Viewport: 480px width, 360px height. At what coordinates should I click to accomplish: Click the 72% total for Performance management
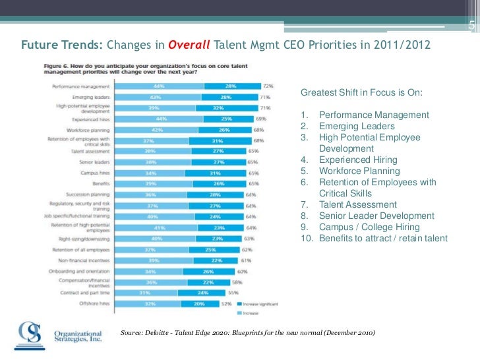pos(268,86)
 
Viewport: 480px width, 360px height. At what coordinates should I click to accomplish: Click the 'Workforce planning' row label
pos(92,130)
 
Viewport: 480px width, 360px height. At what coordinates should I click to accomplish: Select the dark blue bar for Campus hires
pos(212,173)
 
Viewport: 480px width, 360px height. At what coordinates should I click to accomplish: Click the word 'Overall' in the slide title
pos(189,46)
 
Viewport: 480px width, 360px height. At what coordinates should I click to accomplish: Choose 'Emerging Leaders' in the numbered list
pos(357,126)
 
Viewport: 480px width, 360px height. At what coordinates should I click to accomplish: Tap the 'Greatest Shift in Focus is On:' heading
pos(361,92)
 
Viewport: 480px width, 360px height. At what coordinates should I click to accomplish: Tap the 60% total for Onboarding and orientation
pos(243,271)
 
